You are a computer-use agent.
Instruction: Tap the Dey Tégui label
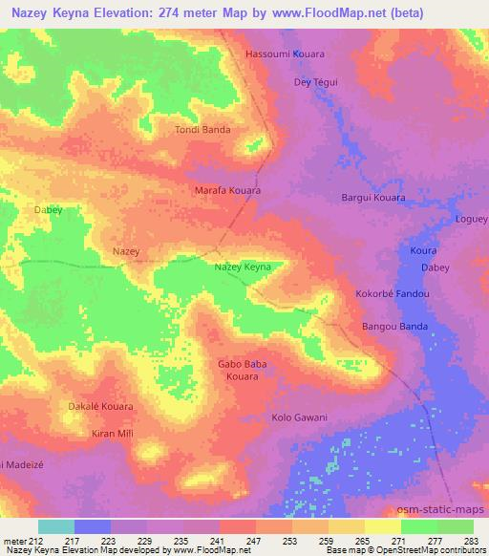(x=314, y=82)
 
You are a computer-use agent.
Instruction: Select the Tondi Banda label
(x=202, y=130)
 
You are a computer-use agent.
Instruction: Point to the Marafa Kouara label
(x=228, y=191)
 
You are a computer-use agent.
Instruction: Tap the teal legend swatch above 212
(x=56, y=526)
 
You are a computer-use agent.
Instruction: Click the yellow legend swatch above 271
(x=383, y=526)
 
